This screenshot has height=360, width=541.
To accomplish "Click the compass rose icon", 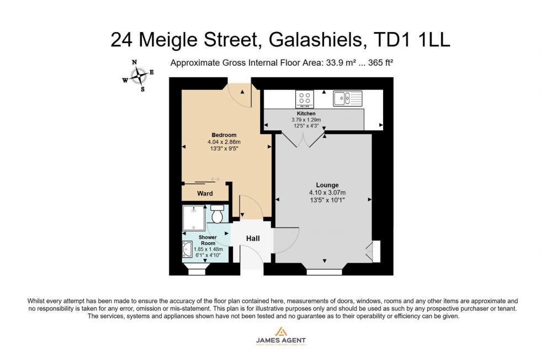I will (138, 75).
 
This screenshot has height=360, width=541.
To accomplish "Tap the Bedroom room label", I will (224, 135).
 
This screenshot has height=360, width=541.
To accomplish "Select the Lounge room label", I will (327, 185).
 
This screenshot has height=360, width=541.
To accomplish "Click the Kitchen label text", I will (306, 113).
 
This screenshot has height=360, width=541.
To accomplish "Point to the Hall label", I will (252, 239).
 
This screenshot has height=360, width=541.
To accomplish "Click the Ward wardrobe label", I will (205, 194).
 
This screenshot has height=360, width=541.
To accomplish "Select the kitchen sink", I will (347, 98).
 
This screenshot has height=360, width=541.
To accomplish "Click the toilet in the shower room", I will (217, 214).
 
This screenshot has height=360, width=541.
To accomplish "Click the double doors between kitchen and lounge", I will (306, 140).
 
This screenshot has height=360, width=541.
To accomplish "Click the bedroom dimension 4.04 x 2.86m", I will (224, 142).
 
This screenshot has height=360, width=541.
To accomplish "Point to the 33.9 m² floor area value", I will (339, 63).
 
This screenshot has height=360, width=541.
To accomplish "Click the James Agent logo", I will (280, 336).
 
